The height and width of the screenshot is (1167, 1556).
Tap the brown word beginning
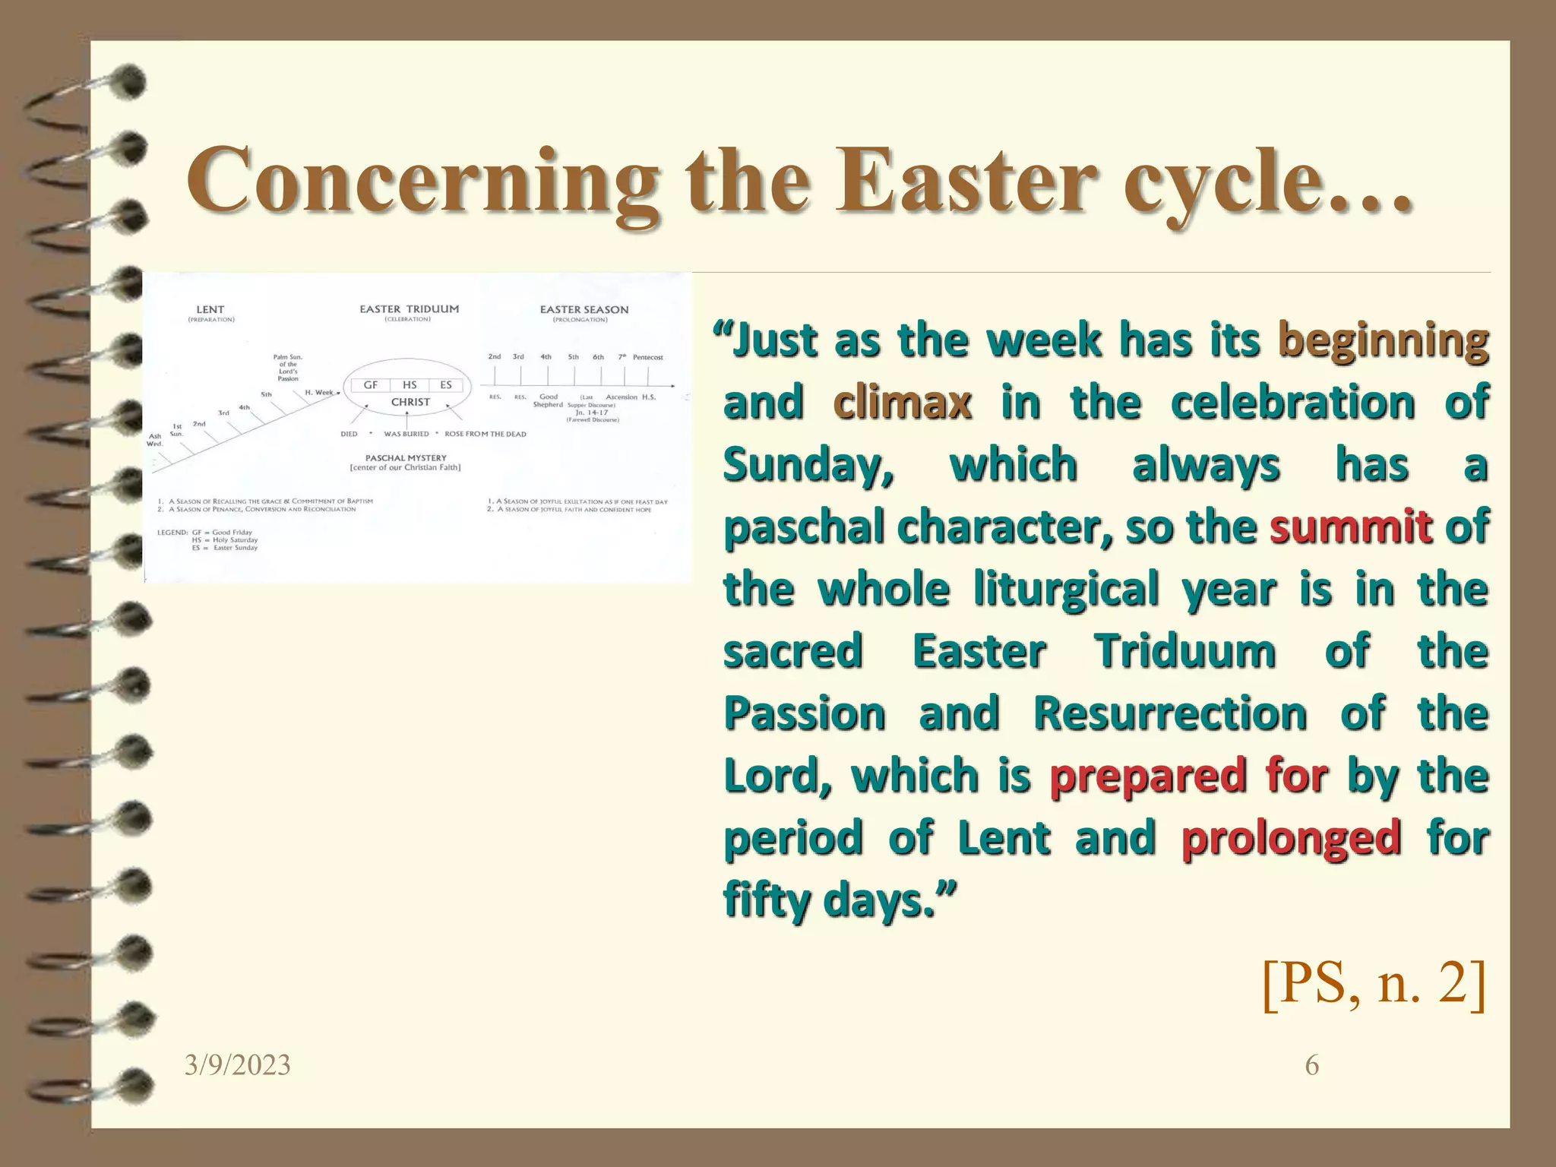(x=1383, y=340)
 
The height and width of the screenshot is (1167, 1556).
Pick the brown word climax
(x=903, y=402)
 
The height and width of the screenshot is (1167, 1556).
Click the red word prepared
(x=1148, y=776)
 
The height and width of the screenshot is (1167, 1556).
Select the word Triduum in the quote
(x=1184, y=651)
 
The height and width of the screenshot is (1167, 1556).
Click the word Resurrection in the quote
(x=1170, y=713)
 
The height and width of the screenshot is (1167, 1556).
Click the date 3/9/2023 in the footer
(x=237, y=1065)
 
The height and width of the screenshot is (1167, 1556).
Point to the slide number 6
(x=1311, y=1065)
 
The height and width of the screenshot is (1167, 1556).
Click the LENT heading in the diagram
(x=210, y=309)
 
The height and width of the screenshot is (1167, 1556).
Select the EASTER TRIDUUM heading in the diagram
(x=409, y=309)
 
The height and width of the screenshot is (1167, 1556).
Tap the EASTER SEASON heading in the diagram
(x=583, y=309)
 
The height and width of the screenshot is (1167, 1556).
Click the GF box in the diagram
(x=370, y=385)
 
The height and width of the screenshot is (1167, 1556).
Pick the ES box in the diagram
(x=446, y=385)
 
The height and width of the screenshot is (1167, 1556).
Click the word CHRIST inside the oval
(x=410, y=402)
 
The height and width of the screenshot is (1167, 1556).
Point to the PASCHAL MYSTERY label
(x=406, y=458)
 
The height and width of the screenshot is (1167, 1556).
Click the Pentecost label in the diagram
(x=647, y=357)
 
